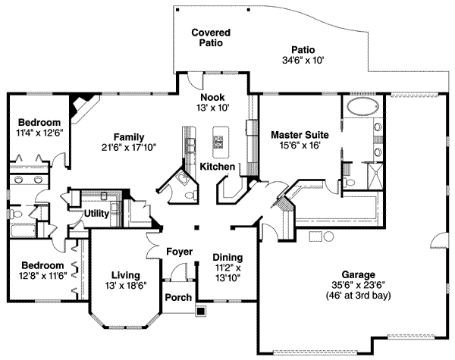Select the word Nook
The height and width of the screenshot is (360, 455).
pyautogui.click(x=212, y=97)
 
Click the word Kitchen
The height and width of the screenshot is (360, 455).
pyautogui.click(x=217, y=166)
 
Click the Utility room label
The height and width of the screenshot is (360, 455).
pyautogui.click(x=97, y=213)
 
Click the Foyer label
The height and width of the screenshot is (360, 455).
pyautogui.click(x=179, y=252)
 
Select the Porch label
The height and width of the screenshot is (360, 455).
pyautogui.click(x=178, y=297)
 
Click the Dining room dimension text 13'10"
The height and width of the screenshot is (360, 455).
pyautogui.click(x=227, y=278)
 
